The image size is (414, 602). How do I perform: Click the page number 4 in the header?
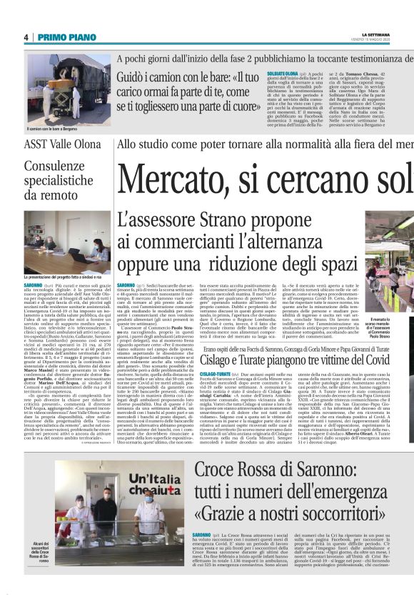tap(26, 37)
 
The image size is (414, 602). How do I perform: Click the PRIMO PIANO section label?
tap(57, 37)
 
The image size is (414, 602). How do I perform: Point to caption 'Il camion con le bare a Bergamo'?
tap(51, 130)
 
